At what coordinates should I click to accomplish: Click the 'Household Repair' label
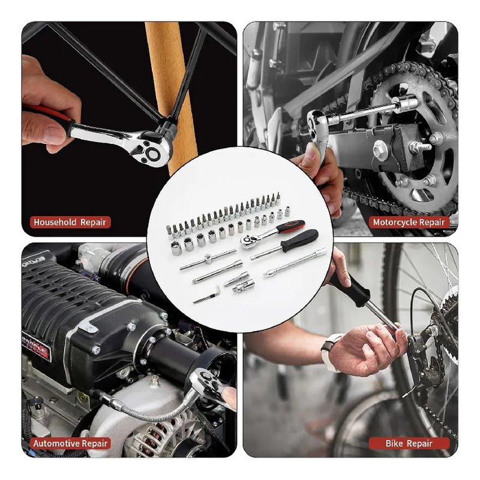click(x=70, y=222)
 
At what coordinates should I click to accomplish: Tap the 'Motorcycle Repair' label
click(x=410, y=222)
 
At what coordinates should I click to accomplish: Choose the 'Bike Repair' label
click(x=409, y=443)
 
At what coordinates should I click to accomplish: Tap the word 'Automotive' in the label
click(x=57, y=443)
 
